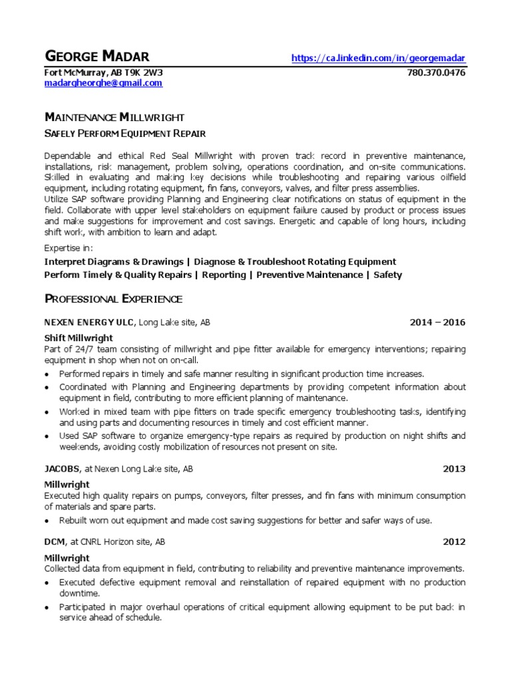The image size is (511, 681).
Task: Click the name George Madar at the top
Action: click(96, 57)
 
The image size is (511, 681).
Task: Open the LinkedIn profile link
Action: click(379, 59)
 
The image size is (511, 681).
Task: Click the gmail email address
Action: click(103, 83)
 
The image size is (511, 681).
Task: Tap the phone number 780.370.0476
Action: click(436, 72)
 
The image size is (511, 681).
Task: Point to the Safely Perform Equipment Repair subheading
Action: click(125, 133)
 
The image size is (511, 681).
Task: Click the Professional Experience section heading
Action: click(113, 299)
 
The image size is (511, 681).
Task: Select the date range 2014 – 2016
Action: click(437, 323)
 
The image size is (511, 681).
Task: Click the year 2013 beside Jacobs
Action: click(454, 469)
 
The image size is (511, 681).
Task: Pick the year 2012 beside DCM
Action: click(454, 542)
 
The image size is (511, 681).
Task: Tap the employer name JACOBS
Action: click(62, 469)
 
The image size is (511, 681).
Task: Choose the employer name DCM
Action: click(55, 542)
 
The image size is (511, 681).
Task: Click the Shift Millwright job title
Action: click(79, 338)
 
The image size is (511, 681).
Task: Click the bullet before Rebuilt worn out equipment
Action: click(47, 521)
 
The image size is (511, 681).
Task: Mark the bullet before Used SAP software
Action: click(47, 436)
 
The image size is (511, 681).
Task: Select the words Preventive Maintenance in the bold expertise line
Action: click(309, 275)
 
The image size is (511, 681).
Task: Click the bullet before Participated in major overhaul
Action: click(47, 608)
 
